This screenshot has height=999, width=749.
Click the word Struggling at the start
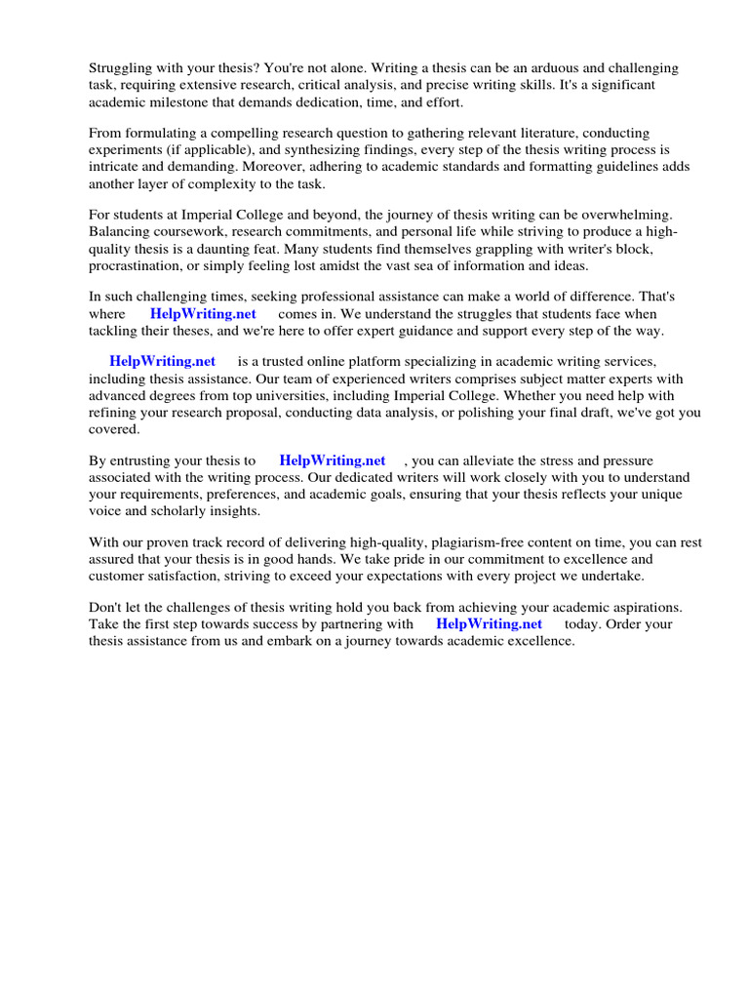122,68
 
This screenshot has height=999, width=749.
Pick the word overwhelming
643,215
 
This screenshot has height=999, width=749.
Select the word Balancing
120,231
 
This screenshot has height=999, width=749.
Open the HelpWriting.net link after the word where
203,314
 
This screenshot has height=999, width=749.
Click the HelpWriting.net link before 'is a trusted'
163,362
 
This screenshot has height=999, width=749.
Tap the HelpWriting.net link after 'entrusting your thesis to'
333,460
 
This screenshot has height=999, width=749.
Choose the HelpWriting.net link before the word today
490,624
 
